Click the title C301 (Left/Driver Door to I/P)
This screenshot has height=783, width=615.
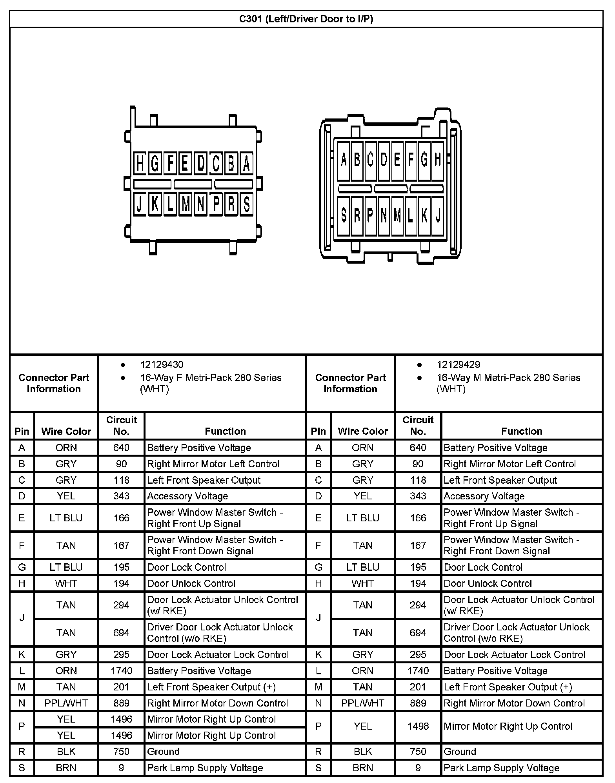click(x=306, y=19)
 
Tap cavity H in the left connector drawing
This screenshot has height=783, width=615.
click(x=139, y=163)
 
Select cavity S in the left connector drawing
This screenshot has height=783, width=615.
click(x=246, y=204)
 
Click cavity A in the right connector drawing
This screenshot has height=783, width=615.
click(x=344, y=160)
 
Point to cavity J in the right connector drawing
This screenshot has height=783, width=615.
click(x=438, y=216)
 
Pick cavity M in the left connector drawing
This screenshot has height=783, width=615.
click(x=186, y=204)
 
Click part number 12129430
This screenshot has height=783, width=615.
click(x=162, y=364)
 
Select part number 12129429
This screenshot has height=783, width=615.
click(x=458, y=364)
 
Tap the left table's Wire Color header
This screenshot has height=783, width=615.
click(x=66, y=432)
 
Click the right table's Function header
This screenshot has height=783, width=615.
click(x=522, y=431)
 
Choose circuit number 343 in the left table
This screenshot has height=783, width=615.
click(x=121, y=496)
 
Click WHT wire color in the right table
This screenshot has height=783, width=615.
click(x=362, y=583)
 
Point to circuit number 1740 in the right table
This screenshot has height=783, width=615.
click(x=418, y=671)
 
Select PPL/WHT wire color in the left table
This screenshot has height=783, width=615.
click(x=66, y=703)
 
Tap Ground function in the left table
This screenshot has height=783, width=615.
click(x=163, y=752)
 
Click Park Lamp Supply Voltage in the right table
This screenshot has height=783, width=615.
click(x=501, y=768)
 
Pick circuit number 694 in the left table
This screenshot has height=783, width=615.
click(x=121, y=633)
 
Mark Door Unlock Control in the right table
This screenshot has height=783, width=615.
click(x=488, y=583)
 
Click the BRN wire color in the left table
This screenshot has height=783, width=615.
click(x=66, y=768)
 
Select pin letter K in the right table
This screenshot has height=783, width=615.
click(x=318, y=654)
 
